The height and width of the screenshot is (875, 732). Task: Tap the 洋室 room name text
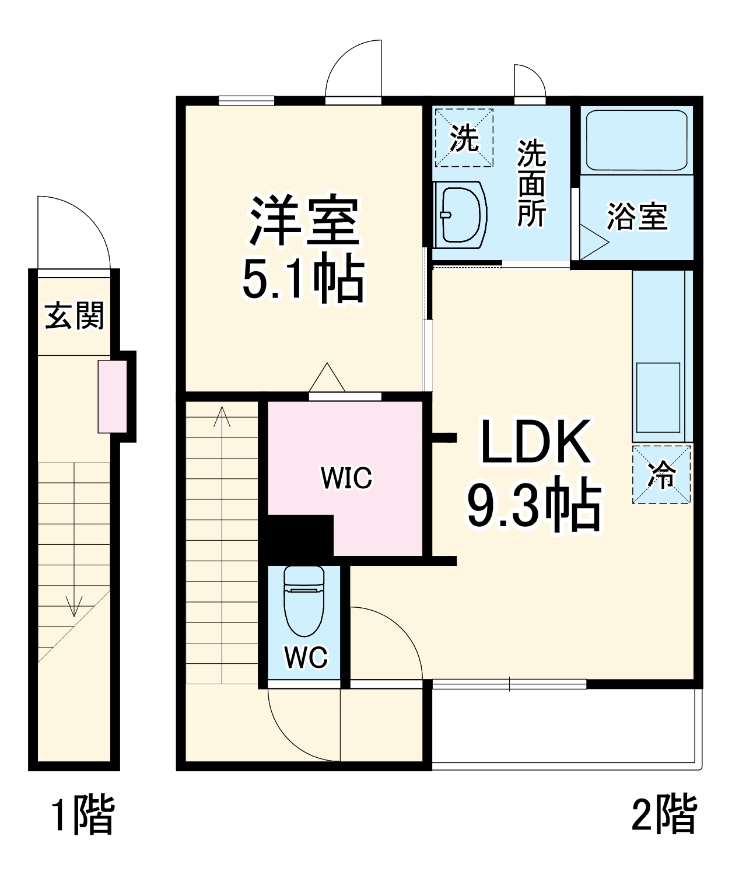[x=303, y=222]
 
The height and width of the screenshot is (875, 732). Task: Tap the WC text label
[x=306, y=657]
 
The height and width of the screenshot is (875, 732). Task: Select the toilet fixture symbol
[x=303, y=601]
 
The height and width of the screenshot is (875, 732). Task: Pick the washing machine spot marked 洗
[x=464, y=138]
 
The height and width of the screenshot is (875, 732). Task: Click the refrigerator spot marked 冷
[x=662, y=474]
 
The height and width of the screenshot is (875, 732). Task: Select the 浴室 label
[x=637, y=216]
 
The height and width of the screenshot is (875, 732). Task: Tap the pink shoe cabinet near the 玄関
[x=112, y=397]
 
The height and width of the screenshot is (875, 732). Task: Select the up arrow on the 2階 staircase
[x=222, y=417]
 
